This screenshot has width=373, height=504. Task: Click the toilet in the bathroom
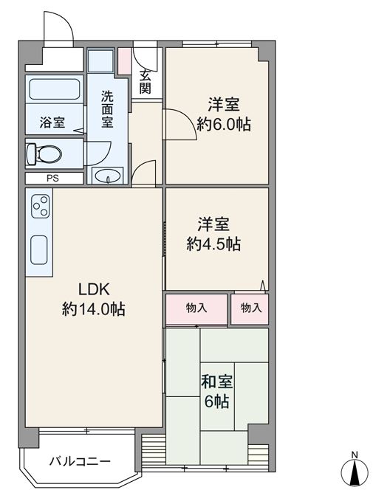point(44,153)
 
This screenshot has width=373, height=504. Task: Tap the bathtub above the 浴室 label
point(55,89)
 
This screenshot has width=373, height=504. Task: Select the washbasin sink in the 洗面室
point(108,176)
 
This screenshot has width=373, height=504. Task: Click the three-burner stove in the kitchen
point(41,207)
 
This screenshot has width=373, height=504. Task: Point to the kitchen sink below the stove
point(39,249)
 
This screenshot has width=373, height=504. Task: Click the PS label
point(52,179)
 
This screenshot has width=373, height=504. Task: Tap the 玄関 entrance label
point(145,82)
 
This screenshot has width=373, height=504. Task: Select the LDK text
point(95,289)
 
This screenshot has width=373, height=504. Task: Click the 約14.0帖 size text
point(94,309)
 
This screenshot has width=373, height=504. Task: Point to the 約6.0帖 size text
point(224,124)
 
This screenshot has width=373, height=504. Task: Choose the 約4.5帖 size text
point(213,244)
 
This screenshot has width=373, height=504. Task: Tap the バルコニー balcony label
point(80,462)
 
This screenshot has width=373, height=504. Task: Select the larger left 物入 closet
point(196,308)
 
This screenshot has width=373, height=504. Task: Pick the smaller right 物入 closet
point(250,308)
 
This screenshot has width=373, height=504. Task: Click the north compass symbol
point(355,473)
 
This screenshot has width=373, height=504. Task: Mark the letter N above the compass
point(355,455)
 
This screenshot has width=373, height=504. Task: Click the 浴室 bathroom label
point(52,122)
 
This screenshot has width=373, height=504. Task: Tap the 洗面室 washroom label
point(108,109)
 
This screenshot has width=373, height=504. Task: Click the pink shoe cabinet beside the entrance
point(124,61)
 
